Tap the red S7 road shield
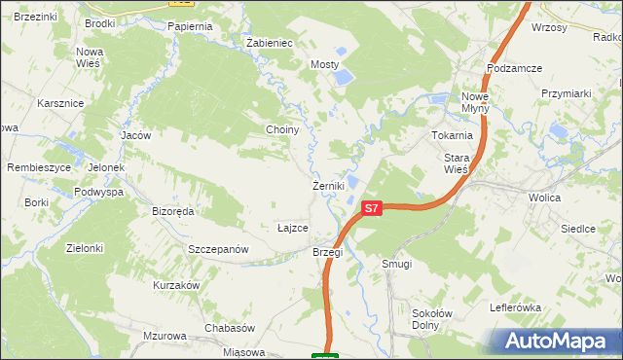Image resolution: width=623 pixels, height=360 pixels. (371, 208)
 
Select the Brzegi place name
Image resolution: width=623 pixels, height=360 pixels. (327, 252)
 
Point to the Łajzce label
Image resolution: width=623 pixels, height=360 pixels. (293, 228)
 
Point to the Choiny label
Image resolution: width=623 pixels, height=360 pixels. (281, 129)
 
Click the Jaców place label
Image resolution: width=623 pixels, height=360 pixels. (135, 135)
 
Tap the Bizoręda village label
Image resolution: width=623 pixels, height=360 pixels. (173, 210)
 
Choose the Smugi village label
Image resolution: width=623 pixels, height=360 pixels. (397, 264)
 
